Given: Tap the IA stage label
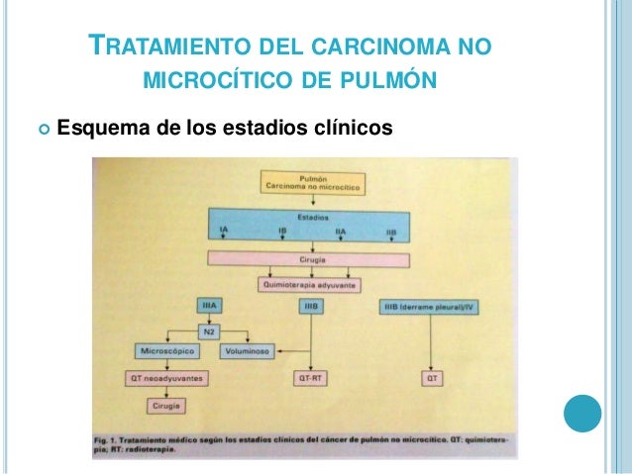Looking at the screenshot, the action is [x=223, y=232].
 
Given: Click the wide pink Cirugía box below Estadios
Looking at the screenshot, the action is [x=308, y=259].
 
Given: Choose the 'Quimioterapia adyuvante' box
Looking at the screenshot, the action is [x=308, y=283].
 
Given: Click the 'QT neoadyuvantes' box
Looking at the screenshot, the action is [x=159, y=378].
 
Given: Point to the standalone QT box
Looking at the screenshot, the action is [x=432, y=378].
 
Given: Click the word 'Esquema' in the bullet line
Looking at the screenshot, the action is [x=96, y=129].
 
